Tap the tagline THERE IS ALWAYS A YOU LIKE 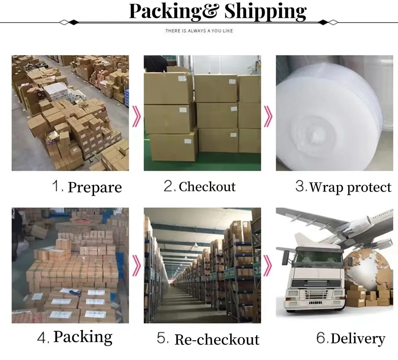pos(199,31)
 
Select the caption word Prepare pos(95,187)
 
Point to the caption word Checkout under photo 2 pos(207,187)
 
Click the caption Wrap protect pos(350,187)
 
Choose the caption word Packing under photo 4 pos(83,337)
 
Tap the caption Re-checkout pos(217,339)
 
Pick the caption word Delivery pos(358,339)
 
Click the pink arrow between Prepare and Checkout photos pos(136,115)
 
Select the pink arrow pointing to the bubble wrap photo pos(268,115)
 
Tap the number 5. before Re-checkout pos(163,338)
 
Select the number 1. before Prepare pos(58,186)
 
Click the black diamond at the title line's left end pos(73,22)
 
